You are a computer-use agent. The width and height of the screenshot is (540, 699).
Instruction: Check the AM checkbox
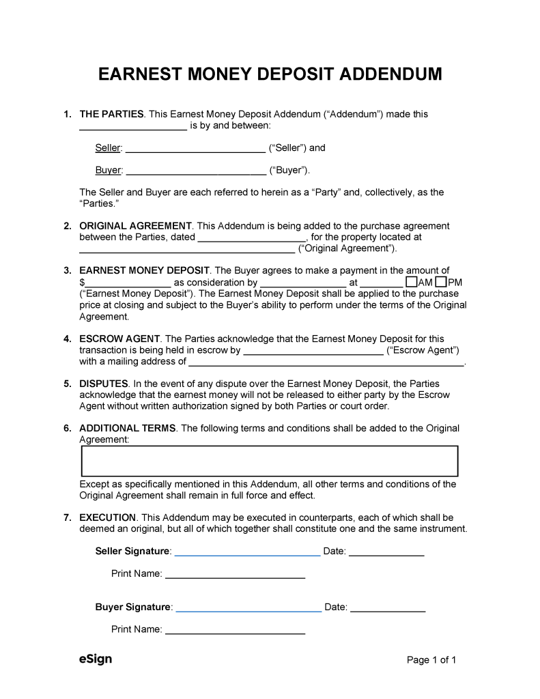click(x=411, y=282)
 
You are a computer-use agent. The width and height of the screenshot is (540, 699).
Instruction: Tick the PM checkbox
click(x=441, y=282)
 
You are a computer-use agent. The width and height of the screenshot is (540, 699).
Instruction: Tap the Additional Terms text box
click(x=269, y=461)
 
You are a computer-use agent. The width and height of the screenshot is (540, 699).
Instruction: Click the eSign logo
click(x=96, y=659)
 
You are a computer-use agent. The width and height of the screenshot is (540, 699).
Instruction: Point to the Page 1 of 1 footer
click(x=431, y=660)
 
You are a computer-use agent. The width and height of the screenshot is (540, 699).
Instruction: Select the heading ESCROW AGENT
click(x=119, y=339)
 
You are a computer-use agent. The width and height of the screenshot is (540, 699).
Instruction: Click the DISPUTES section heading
click(x=104, y=384)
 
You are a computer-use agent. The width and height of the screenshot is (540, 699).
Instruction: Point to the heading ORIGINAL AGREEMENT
click(x=135, y=226)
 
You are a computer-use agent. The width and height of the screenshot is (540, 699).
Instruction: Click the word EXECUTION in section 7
click(x=108, y=517)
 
